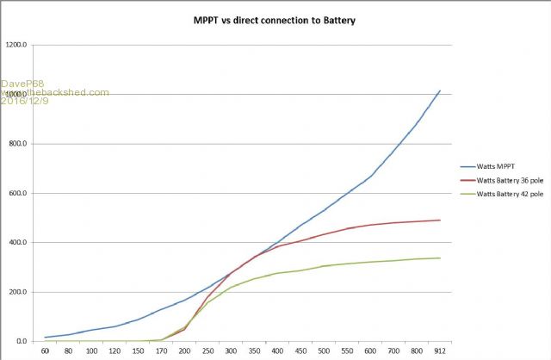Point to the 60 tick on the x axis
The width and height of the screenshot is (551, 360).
[45, 351]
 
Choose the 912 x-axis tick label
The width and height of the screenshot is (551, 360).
[440, 351]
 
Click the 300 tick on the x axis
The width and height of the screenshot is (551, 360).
[232, 351]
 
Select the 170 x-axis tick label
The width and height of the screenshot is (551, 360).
[161, 351]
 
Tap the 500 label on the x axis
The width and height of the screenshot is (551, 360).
[324, 351]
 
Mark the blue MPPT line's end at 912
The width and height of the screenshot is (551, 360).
[440, 90]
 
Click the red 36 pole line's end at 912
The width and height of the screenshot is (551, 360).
[440, 220]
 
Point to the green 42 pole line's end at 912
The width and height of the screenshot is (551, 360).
[440, 258]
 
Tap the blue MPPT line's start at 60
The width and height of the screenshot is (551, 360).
[45, 338]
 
